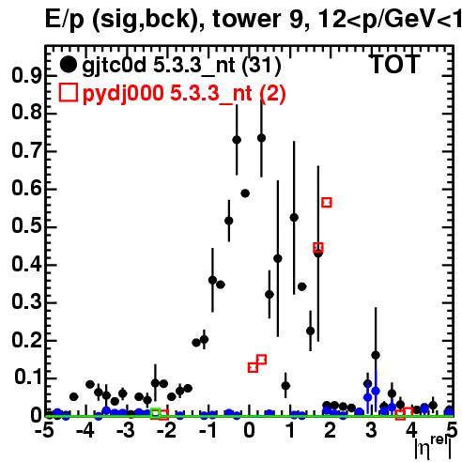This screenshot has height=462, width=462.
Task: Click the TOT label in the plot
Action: click(395, 65)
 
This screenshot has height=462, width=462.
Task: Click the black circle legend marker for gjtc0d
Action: click(68, 65)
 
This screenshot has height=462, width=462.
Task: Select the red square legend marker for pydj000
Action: click(68, 93)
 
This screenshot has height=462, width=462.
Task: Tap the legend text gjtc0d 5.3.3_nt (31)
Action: click(181, 66)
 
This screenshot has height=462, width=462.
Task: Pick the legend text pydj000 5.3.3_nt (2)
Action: click(184, 94)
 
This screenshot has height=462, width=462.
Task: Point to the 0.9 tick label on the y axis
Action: click(27, 75)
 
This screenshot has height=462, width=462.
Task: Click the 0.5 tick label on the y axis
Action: click(27, 226)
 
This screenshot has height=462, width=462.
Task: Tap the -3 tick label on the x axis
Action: click(126, 431)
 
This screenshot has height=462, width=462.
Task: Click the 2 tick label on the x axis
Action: click(331, 431)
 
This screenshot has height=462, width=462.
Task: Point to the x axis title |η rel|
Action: click(433, 448)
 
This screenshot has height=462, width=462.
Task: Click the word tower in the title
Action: click(246, 19)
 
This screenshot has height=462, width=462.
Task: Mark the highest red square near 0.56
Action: click(327, 203)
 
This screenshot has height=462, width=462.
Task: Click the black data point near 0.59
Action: click(245, 193)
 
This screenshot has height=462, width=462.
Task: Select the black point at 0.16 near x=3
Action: click(376, 355)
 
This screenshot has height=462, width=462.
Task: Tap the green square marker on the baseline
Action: click(155, 413)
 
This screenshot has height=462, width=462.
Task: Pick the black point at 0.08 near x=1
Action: click(285, 386)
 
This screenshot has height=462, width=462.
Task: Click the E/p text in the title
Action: click(65, 20)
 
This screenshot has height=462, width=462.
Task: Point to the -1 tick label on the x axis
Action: click(208, 431)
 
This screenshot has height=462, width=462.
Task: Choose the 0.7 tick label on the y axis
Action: click(27, 151)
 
